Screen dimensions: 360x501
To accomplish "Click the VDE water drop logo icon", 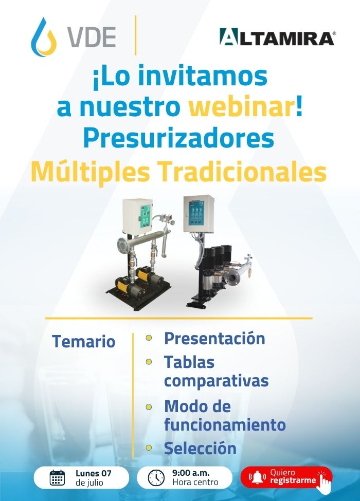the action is [44, 38].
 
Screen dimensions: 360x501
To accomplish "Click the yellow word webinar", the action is [241, 107].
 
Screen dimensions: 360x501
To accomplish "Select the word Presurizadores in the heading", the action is [179, 139].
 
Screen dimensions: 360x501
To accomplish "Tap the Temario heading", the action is [83, 341].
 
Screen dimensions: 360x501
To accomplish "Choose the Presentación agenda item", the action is [214, 339].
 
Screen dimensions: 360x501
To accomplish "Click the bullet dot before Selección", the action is [148, 448].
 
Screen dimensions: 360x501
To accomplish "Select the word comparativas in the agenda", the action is [216, 381].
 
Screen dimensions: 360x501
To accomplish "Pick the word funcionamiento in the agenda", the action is [225, 425].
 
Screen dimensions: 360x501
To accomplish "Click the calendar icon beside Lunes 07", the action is [58, 478].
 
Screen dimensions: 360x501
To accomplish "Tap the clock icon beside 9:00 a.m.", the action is [156, 478].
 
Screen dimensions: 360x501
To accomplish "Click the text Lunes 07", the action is [94, 473].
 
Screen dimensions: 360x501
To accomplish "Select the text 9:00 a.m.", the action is [191, 473].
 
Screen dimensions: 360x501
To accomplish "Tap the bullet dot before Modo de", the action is [148, 407].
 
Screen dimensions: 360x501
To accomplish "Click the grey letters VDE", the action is [92, 38].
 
